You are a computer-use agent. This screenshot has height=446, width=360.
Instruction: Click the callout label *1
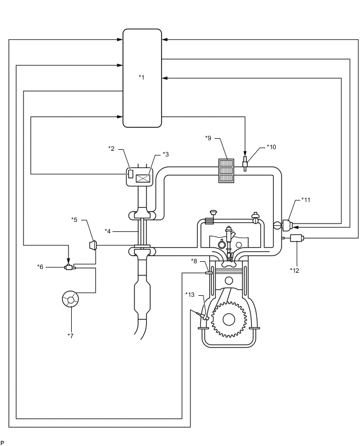point(141,77)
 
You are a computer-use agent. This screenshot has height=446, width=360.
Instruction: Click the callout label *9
point(208,138)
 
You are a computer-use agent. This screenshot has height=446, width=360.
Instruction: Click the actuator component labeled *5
point(94,245)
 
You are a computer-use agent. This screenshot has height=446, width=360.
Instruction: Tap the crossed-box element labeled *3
point(143,179)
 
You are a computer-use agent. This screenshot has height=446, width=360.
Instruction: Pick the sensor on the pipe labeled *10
point(245,164)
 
